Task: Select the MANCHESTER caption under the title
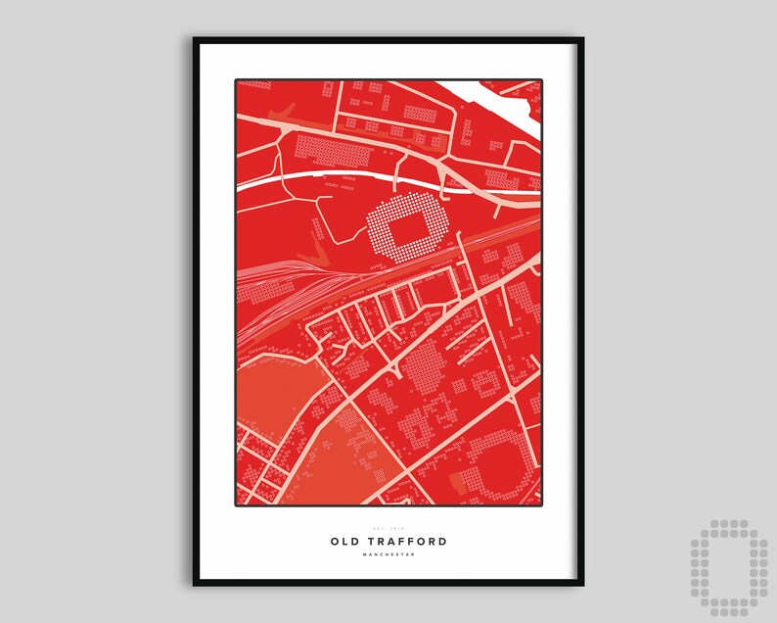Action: (388, 555)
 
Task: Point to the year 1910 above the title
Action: (396, 529)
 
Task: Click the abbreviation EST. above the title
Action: (380, 529)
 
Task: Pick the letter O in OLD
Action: (335, 541)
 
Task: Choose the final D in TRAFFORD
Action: (443, 541)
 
